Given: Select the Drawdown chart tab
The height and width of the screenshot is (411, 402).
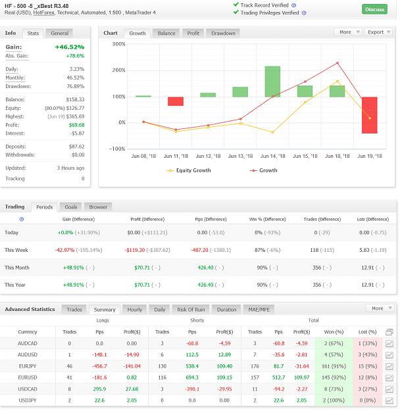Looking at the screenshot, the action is click(x=223, y=34).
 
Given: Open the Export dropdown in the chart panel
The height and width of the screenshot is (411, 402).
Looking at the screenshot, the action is click(x=379, y=32).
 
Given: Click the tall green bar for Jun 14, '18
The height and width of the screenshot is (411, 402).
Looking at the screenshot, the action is click(x=272, y=82).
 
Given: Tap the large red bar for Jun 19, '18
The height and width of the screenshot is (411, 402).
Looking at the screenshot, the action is click(x=370, y=115).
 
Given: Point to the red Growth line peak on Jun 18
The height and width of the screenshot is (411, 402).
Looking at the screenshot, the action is click(x=338, y=63).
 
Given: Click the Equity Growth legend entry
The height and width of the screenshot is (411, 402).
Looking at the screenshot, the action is click(x=189, y=170).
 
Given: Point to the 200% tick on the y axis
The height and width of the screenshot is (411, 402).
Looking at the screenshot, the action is click(x=119, y=70).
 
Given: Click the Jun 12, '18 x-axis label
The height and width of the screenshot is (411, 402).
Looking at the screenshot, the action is click(x=208, y=157).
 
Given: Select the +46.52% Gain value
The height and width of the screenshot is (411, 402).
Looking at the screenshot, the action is click(x=70, y=47).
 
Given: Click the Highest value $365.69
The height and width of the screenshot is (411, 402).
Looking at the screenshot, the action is click(x=75, y=116).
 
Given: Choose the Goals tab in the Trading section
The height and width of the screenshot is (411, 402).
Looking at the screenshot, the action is click(x=71, y=207).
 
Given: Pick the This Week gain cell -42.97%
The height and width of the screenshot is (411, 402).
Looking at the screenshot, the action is click(x=64, y=250).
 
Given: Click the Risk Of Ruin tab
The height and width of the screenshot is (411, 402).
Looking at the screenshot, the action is click(x=191, y=310).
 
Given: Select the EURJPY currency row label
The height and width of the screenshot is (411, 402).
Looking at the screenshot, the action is click(x=28, y=366).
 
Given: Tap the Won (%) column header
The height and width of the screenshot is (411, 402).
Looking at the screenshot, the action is click(x=334, y=332).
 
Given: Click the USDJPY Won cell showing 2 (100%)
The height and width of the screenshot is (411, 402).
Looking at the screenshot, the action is click(x=334, y=400).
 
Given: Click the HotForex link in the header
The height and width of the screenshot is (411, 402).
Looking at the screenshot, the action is click(x=44, y=12).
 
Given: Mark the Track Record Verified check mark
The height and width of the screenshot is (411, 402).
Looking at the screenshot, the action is click(x=236, y=5).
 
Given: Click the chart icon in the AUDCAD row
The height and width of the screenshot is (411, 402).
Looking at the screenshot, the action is click(x=389, y=343).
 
